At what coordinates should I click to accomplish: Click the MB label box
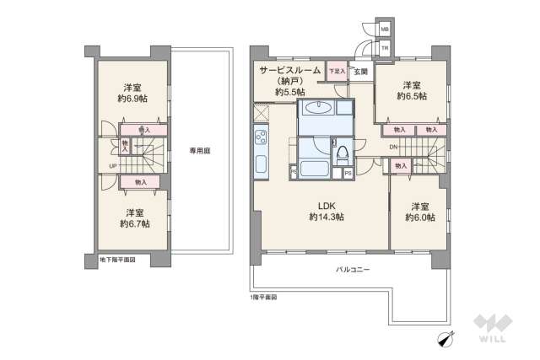[385, 30]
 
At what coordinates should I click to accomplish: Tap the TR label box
[385, 49]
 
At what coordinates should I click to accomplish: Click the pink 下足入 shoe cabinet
[336, 72]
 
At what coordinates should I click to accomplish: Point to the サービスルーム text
[290, 71]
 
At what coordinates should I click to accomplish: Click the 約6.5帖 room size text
[411, 96]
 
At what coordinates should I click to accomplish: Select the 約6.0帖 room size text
[420, 218]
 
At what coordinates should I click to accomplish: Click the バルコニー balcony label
[353, 270]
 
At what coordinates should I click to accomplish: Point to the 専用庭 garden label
[198, 152]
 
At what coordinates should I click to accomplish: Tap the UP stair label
[113, 165]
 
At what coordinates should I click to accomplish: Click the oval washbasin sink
[319, 108]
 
